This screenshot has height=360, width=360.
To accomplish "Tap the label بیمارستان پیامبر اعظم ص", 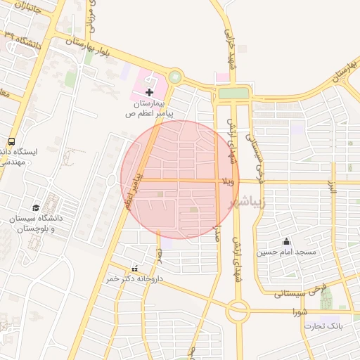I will [150, 108].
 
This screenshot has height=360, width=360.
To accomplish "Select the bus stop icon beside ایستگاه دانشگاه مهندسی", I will [11, 142].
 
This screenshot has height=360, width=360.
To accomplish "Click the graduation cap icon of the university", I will [36, 207].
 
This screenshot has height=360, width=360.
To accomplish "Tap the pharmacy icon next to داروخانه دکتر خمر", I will [134, 269].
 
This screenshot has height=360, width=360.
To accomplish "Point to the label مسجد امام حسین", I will [286, 252].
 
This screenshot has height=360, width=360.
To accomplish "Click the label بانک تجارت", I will [323, 326].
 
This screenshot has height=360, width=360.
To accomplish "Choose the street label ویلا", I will [227, 181].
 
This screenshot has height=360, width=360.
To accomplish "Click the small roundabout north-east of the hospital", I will [175, 77].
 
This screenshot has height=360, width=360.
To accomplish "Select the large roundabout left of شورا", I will [238, 309].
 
